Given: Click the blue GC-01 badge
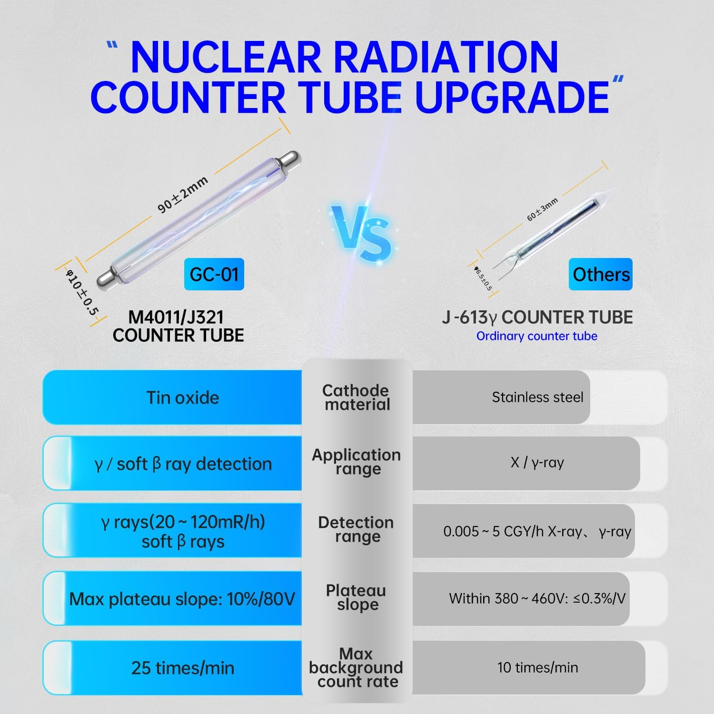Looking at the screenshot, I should click(x=214, y=274).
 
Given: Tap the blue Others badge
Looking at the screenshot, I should click(x=600, y=274).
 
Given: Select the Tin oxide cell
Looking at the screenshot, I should click(x=183, y=397).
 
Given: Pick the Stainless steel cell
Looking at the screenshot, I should click(x=537, y=397).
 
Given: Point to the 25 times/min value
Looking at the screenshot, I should click(x=183, y=668).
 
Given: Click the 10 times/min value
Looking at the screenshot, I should click(x=537, y=667).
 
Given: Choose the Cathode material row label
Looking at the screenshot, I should click(x=357, y=397).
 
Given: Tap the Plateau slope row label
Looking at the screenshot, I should click(x=357, y=597).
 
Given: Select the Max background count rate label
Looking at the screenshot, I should click(x=357, y=667).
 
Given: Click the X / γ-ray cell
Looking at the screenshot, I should click(x=537, y=463).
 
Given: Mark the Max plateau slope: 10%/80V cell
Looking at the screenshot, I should click(x=182, y=599).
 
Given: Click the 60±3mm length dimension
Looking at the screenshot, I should click(x=542, y=210).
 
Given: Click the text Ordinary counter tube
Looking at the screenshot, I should click(x=536, y=336).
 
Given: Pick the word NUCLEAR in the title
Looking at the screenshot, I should click(x=226, y=58).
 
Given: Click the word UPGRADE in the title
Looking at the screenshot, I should click(x=512, y=97).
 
